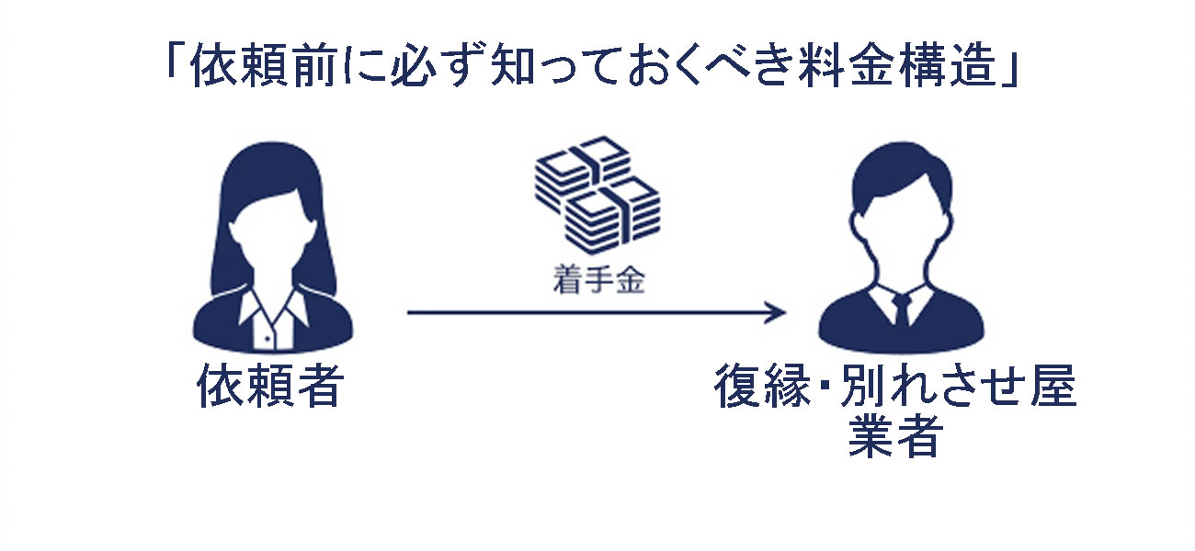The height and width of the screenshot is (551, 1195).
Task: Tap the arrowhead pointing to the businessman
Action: point(776,312)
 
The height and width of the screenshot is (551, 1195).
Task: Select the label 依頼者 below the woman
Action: point(270,386)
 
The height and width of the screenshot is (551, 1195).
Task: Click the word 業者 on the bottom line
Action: point(893,436)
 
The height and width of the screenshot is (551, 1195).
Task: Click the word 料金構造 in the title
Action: point(897,66)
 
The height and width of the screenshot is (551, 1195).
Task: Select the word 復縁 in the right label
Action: point(763,386)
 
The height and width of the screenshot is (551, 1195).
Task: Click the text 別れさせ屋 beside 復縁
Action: point(958,386)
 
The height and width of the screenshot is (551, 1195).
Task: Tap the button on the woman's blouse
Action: point(267,339)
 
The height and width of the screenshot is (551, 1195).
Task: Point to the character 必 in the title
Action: point(411,66)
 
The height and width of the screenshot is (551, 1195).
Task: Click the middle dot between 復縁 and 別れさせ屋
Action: point(825,387)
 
